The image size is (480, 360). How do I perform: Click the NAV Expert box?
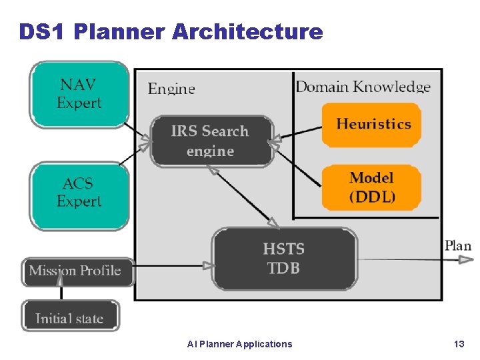coord(79,94)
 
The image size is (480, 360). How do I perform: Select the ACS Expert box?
coord(79,193)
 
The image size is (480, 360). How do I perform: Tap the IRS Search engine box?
coord(211,141)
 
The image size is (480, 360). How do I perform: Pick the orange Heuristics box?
coord(372,124)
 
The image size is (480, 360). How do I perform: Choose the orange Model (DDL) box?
coord(372,187)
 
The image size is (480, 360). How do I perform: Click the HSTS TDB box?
coord(284,259)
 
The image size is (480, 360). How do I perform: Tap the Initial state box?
coord(71,318)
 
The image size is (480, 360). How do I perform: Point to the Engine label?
coord(171,89)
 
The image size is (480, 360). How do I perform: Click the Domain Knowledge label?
coord(363,87)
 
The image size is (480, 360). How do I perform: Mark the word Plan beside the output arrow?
coord(458,246)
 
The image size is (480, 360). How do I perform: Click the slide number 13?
coord(459,344)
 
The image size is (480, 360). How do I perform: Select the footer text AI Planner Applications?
coord(240,344)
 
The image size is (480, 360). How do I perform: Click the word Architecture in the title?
coord(247,31)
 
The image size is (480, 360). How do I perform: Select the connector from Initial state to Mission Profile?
coord(61,292)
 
